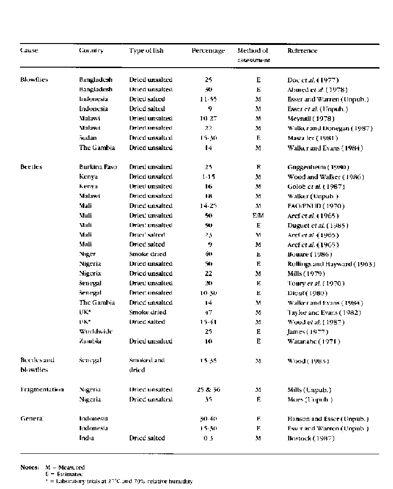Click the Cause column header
pos(29,50)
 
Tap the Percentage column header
pos(208,51)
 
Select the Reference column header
pos(302,50)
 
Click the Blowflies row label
pos(34,80)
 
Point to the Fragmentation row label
pos(42,390)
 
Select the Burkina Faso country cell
pos(97,167)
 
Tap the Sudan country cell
pos(88,138)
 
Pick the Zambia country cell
pos(90,341)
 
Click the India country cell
pos(87,438)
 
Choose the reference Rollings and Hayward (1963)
pos(331,264)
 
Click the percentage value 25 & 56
pos(209,390)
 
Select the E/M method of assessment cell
pos(258,215)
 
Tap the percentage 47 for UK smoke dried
pos(209,313)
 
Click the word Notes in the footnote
pos(29,468)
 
